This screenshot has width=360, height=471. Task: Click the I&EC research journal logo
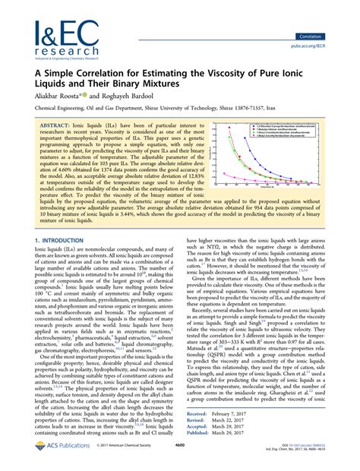coord(51,31)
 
